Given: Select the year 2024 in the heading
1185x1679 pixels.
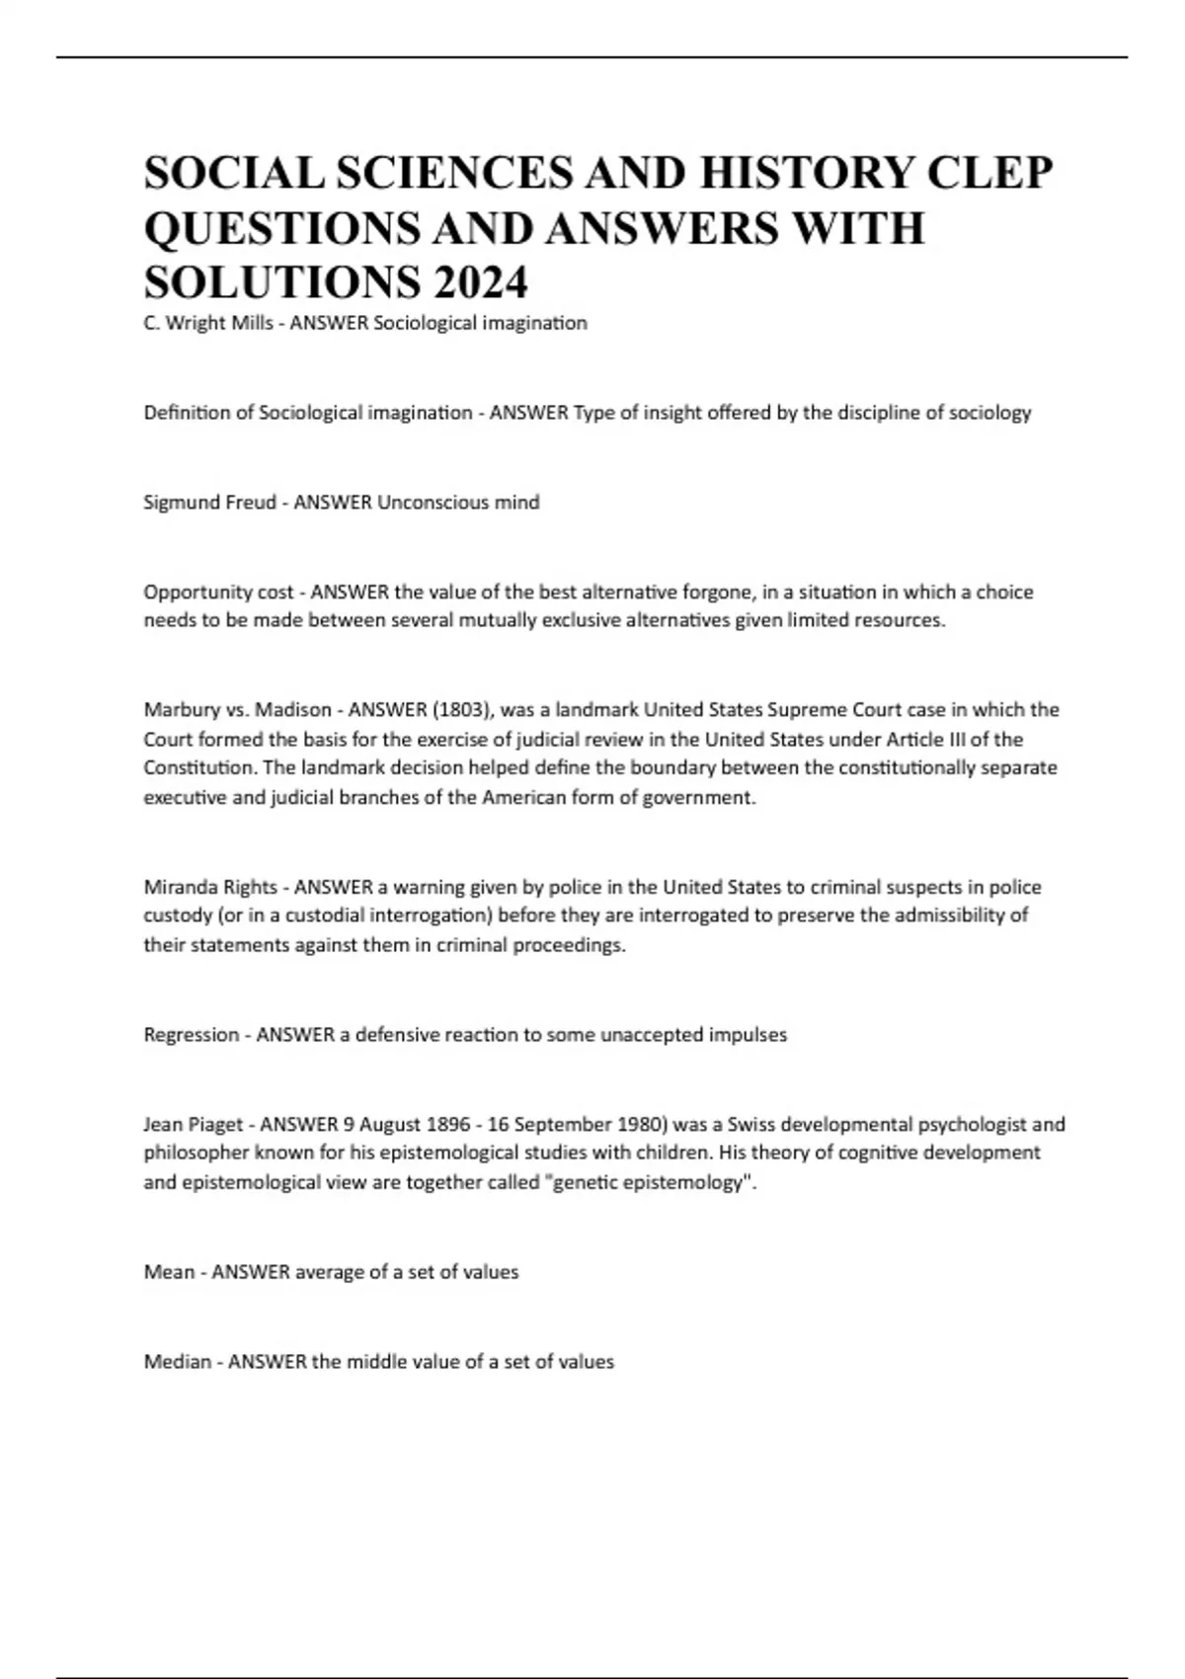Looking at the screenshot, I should pos(479,282).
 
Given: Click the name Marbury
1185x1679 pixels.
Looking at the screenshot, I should pos(181,709).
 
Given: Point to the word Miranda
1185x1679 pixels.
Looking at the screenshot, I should pos(181,887).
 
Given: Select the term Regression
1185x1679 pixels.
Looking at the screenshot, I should pos(192,1035).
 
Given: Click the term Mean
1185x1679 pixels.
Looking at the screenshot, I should pos(168,1272).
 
